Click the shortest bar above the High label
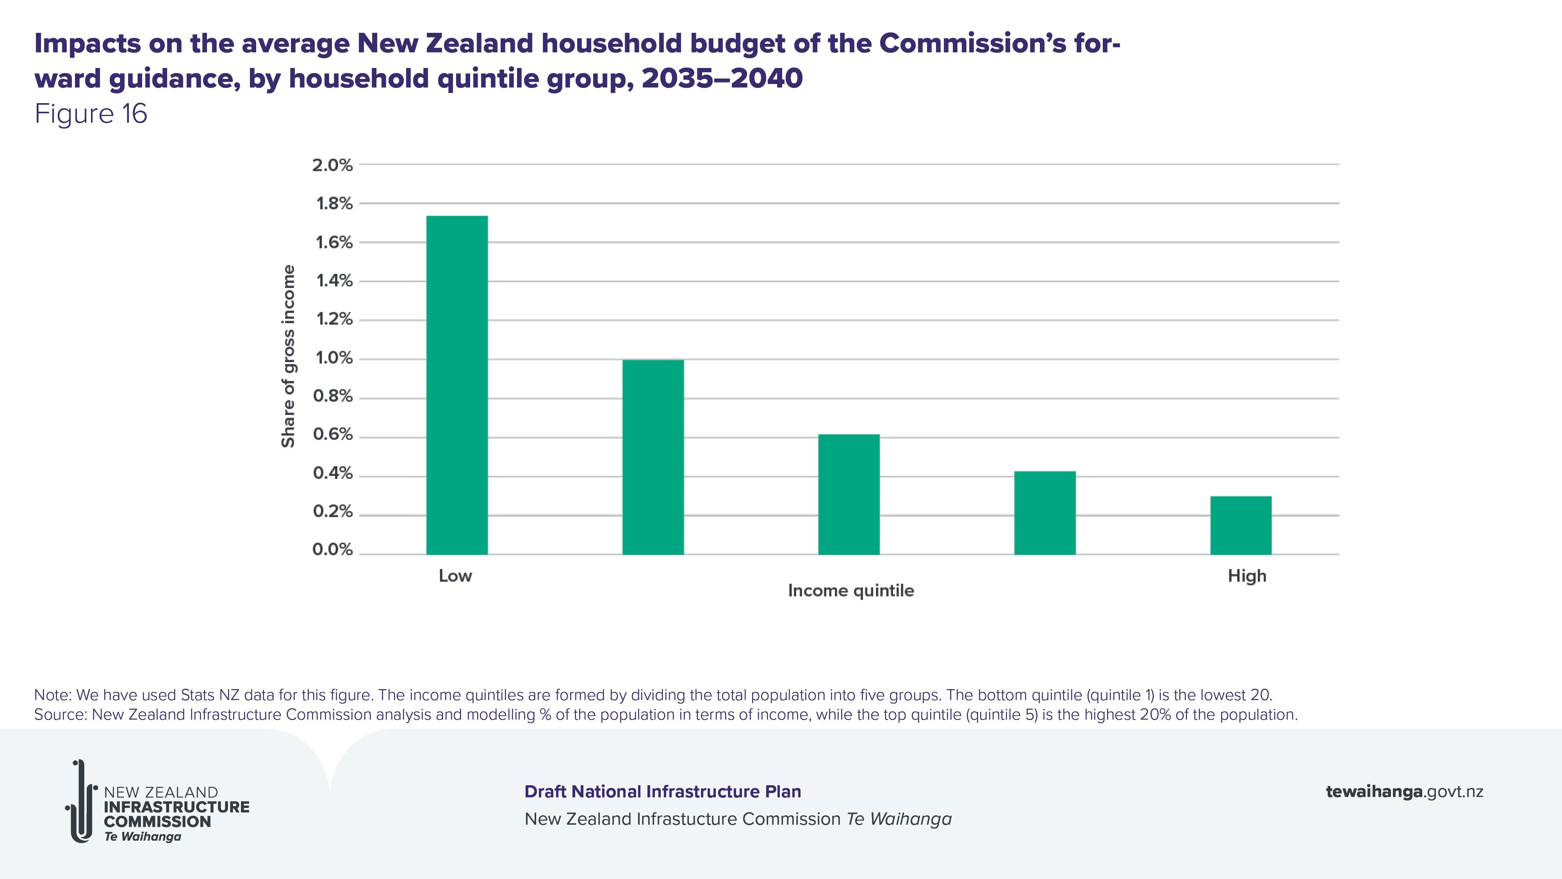click(1241, 525)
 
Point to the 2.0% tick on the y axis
click(332, 165)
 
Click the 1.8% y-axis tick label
click(334, 204)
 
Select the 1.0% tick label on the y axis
click(334, 358)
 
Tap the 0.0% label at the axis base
click(332, 550)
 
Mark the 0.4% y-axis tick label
click(332, 473)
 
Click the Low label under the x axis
click(455, 576)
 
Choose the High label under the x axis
click(1247, 576)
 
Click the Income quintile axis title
click(851, 591)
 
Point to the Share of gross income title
click(288, 356)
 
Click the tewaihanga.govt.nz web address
click(1404, 791)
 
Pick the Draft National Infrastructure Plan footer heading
click(663, 791)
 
